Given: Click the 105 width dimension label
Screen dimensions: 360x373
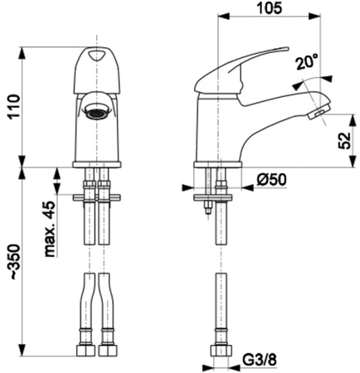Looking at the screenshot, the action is pos(270,7).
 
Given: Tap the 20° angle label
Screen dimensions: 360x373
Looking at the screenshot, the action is pos(307,61).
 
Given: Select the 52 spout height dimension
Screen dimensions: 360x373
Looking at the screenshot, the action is pos(344,141).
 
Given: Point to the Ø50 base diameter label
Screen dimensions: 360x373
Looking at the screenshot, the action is pos(272,180).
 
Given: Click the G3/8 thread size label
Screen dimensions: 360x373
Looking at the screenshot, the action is pos(260,360).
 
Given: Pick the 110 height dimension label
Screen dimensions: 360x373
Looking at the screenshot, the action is pos(14,107).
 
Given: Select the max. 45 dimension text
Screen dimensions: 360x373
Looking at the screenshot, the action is pos(50,229).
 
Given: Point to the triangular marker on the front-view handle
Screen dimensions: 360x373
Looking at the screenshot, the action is pos(96,56).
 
